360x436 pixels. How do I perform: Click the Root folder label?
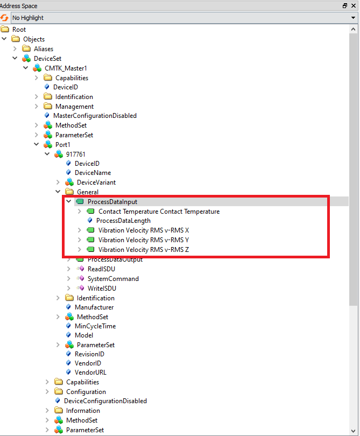click(x=19, y=30)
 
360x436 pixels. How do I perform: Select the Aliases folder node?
click(x=44, y=49)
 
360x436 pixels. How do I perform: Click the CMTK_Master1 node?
click(x=66, y=68)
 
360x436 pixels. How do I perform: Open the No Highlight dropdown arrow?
click(x=353, y=18)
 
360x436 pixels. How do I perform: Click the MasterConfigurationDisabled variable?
click(x=95, y=116)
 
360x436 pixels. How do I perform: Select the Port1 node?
click(x=62, y=145)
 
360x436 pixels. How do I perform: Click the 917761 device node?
click(x=76, y=154)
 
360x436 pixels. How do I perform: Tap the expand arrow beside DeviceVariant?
click(x=58, y=182)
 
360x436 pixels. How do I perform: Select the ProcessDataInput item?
click(x=112, y=202)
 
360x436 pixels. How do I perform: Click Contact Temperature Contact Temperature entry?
click(x=159, y=212)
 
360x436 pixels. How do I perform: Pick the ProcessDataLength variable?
click(x=123, y=221)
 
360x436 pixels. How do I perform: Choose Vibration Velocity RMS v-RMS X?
click(x=143, y=230)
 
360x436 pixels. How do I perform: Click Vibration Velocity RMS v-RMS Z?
click(x=143, y=250)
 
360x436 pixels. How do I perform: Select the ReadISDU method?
click(x=101, y=269)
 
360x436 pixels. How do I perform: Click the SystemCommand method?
click(x=113, y=279)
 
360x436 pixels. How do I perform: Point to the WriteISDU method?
click(x=101, y=289)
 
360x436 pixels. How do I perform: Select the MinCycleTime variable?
click(x=95, y=326)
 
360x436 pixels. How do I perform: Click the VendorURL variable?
click(x=89, y=372)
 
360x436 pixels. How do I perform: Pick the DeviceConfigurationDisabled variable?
click(x=105, y=401)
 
